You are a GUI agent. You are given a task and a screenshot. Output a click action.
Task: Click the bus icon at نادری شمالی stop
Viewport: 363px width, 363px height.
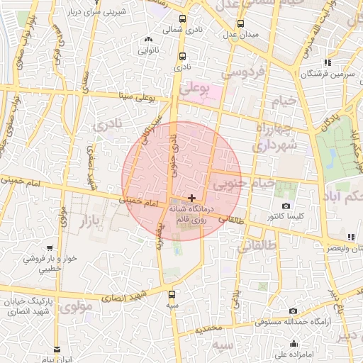coord(183,19)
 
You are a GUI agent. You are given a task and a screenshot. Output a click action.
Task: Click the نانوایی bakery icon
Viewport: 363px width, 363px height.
coord(148,40)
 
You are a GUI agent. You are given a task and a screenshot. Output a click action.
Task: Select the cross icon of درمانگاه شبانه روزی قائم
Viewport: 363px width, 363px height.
coord(192,196)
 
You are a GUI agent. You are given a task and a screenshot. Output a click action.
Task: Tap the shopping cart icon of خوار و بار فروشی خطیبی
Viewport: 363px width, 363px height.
coord(49,248)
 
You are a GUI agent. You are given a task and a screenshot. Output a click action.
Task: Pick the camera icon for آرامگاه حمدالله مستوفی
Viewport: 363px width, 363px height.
coord(294,311)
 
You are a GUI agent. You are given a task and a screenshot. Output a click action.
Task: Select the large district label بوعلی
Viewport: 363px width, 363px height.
coord(196,89)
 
